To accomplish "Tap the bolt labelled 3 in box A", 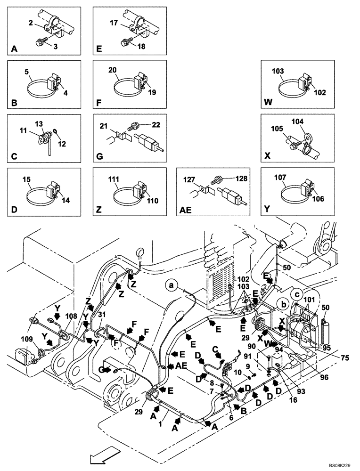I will (40, 42).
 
